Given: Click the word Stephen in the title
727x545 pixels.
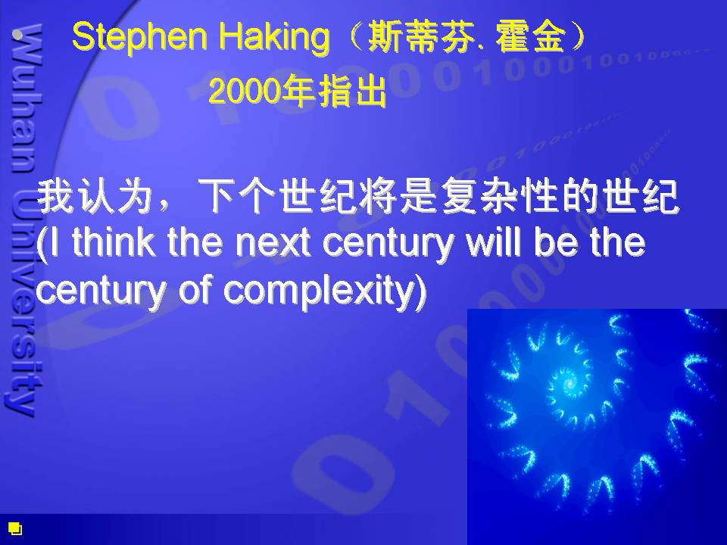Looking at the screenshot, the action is pos(139,38).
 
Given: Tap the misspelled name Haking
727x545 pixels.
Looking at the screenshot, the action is pos(274,38).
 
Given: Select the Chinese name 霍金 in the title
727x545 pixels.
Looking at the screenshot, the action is pos(531,36).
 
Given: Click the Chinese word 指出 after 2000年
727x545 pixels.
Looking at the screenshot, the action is pos(352,91).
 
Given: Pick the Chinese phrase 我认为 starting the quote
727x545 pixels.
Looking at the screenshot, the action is pos(95,197).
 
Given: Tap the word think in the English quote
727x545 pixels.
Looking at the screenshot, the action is pos(114,242).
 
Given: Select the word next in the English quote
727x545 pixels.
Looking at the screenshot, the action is pos(273,243).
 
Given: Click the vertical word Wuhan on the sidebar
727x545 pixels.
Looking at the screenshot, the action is pos(27,98).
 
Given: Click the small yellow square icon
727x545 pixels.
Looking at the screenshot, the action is pos(15,528).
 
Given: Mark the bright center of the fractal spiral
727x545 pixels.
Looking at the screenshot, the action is pos(569,383).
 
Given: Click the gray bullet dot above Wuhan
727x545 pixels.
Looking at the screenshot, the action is pos(18,34).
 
